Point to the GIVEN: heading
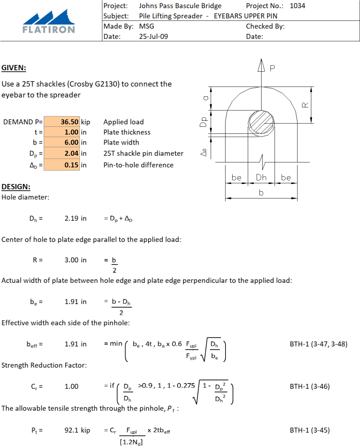14,68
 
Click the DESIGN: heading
16,187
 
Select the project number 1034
297,6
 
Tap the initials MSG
146,26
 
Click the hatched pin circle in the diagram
261,123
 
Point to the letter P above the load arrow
273,68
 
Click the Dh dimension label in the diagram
261,178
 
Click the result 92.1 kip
77,430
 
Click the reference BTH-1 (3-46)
309,387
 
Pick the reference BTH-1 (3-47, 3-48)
318,344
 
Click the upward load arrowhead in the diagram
262,65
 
